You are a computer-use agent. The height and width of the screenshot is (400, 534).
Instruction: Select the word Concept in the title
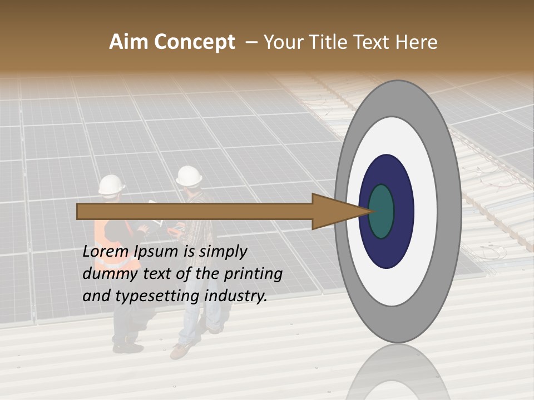[x=195, y=42]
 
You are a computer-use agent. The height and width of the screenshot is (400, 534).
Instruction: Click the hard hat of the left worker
[x=112, y=184]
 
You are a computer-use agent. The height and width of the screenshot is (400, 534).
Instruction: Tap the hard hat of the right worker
[x=189, y=176]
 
